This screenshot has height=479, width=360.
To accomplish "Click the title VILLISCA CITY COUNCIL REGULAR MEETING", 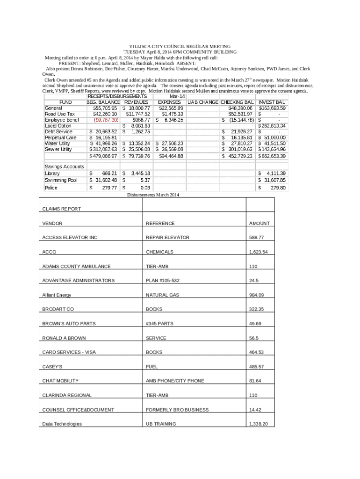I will [x=180, y=47].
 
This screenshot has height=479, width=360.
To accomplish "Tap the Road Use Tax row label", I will [x=59, y=114].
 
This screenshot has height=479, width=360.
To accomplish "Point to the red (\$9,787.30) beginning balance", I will [x=103, y=120].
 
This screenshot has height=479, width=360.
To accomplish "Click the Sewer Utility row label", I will [x=58, y=150].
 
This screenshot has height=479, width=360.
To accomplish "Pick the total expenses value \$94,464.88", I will [x=171, y=156].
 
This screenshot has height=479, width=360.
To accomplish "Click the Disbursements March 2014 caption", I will [x=153, y=195].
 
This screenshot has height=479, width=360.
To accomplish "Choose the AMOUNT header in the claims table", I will [x=259, y=224].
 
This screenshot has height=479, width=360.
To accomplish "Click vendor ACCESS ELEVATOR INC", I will [x=70, y=238].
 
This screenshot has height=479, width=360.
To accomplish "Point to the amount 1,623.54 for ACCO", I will [x=259, y=252].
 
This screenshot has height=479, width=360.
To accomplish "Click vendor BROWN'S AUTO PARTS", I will [x=69, y=324].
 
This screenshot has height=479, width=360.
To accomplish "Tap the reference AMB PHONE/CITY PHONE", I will [x=175, y=381].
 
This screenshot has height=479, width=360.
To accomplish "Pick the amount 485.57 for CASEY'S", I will [x=257, y=367].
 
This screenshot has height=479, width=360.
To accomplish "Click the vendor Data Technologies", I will [x=62, y=424].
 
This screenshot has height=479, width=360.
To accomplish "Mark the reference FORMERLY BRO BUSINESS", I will [x=177, y=410].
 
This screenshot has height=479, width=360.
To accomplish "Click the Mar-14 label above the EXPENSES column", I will [x=171, y=96].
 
